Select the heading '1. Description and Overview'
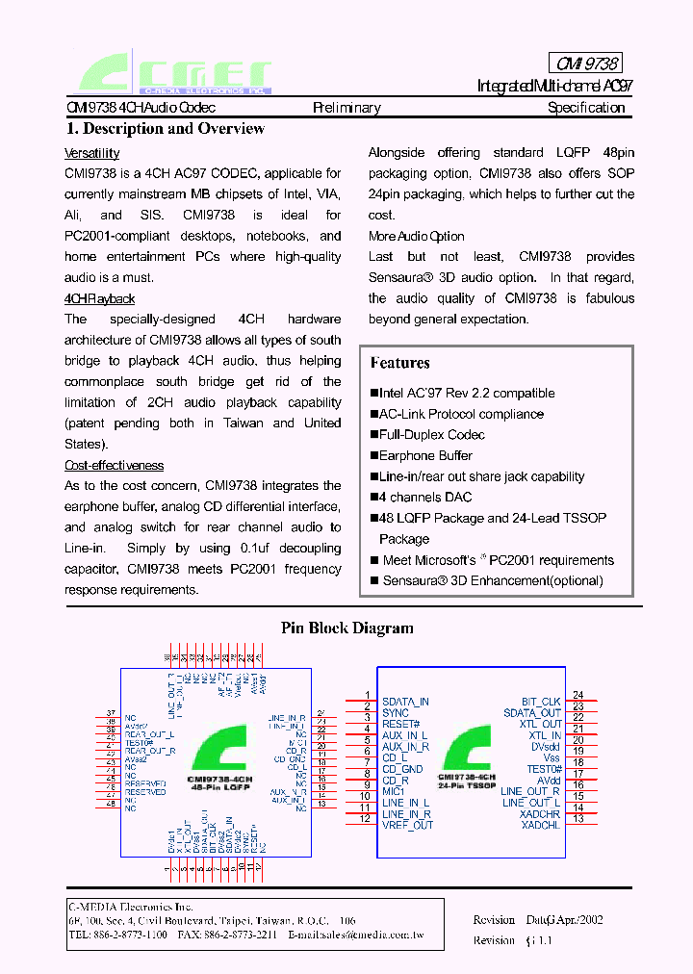pyautogui.click(x=165, y=129)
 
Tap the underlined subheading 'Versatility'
pyautogui.click(x=91, y=153)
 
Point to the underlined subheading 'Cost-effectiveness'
pyautogui.click(x=114, y=465)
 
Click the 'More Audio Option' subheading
pyautogui.click(x=416, y=236)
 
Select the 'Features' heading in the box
pyautogui.click(x=399, y=363)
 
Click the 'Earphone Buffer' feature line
pyautogui.click(x=424, y=456)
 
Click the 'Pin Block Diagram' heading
pyautogui.click(x=346, y=628)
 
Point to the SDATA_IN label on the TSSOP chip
pyautogui.click(x=405, y=703)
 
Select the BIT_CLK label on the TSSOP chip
pyautogui.click(x=541, y=703)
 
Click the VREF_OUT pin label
pyautogui.click(x=407, y=825)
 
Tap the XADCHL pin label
pyautogui.click(x=540, y=826)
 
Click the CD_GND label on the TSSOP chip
pyautogui.click(x=402, y=769)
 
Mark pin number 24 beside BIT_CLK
pyautogui.click(x=578, y=695)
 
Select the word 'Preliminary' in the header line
pyautogui.click(x=346, y=108)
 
